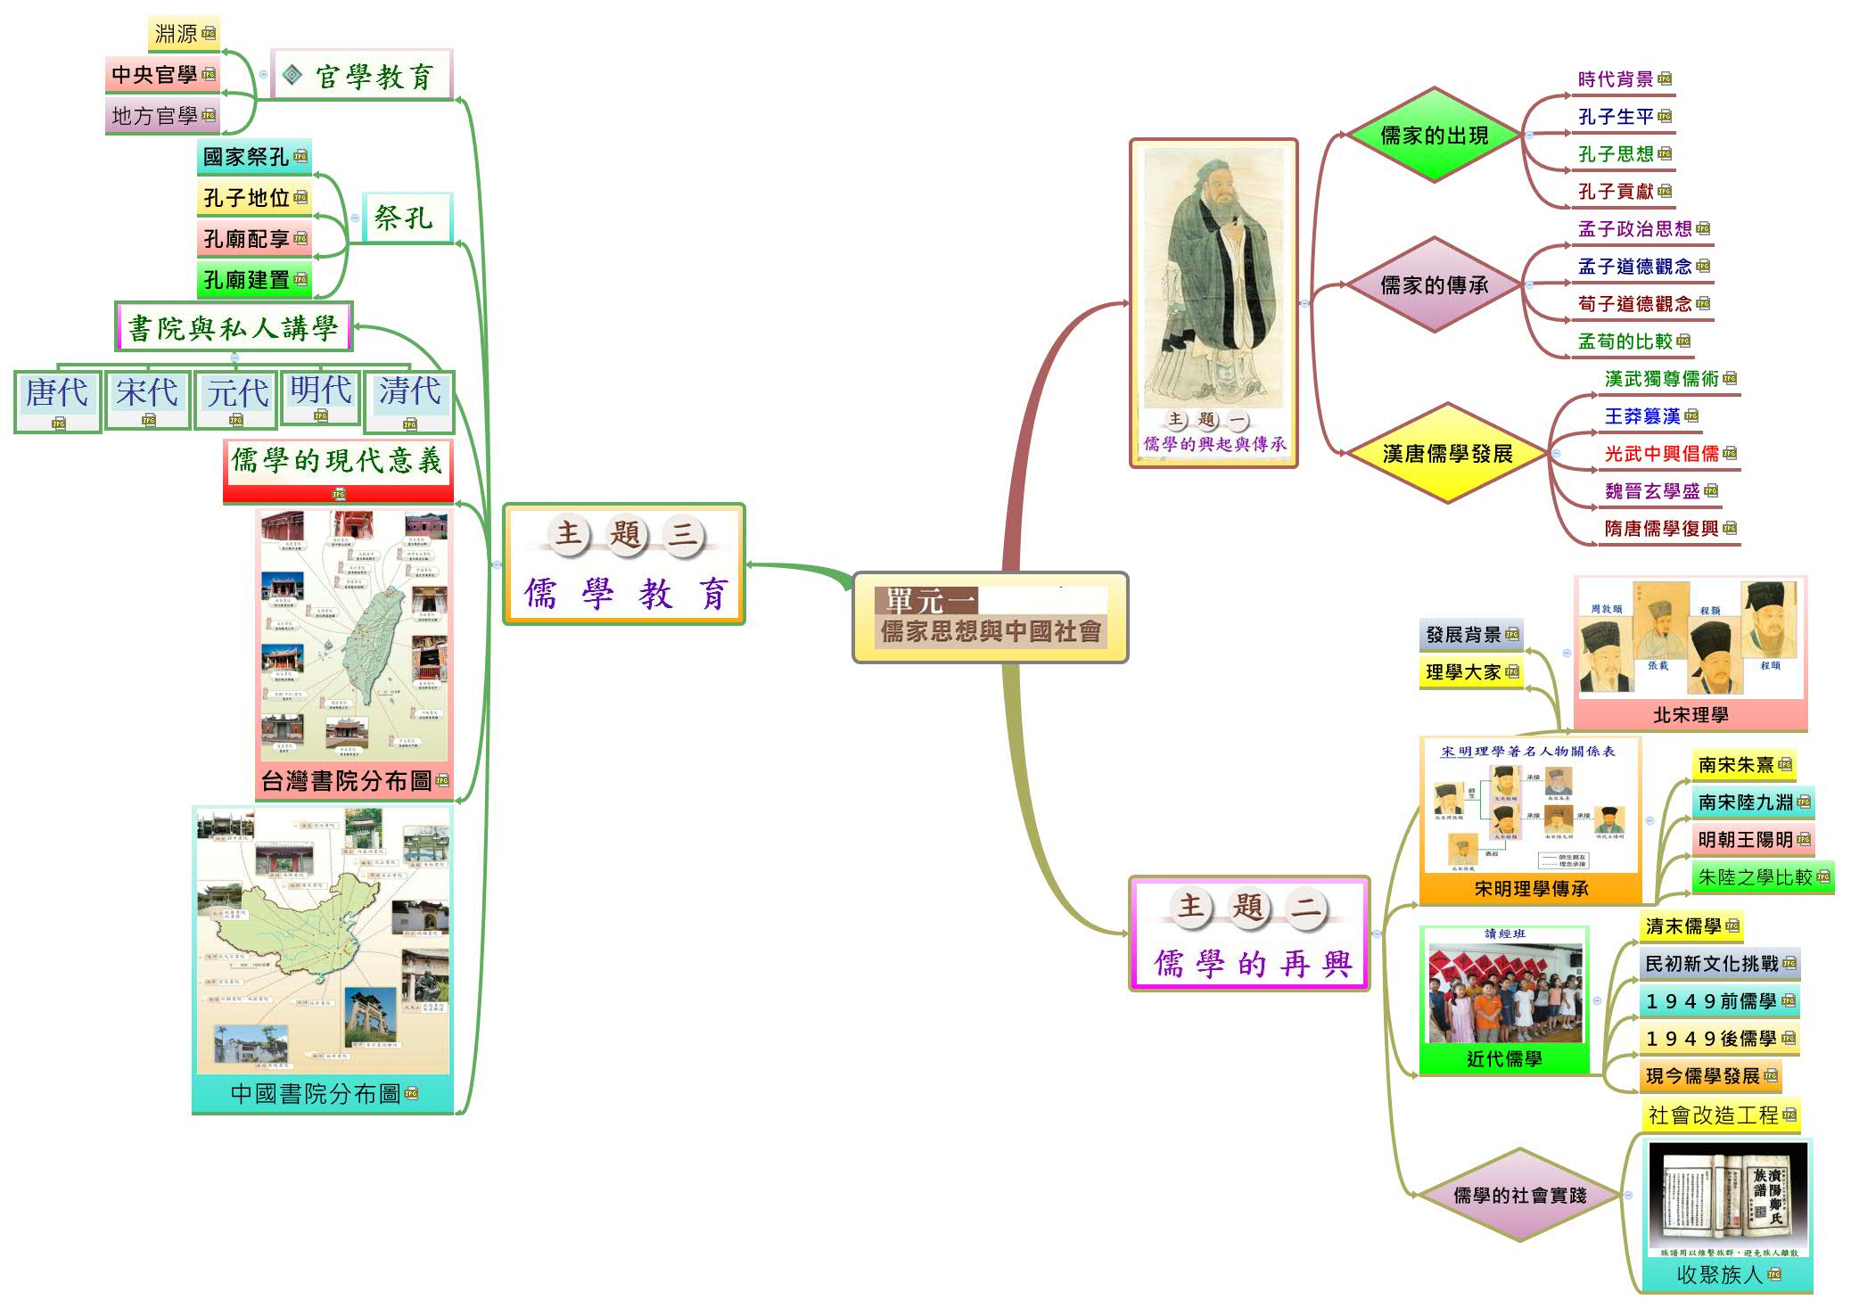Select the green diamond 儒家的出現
[1434, 136]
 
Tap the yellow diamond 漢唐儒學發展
[1446, 454]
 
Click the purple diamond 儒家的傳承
[1434, 285]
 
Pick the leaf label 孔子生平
[1615, 117]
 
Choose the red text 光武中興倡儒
[1661, 454]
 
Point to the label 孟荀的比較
[1625, 341]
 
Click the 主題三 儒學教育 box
[624, 564]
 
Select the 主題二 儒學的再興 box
[1248, 934]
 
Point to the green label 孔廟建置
[247, 280]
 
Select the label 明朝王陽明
[1745, 840]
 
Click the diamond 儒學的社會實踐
[1519, 1196]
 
